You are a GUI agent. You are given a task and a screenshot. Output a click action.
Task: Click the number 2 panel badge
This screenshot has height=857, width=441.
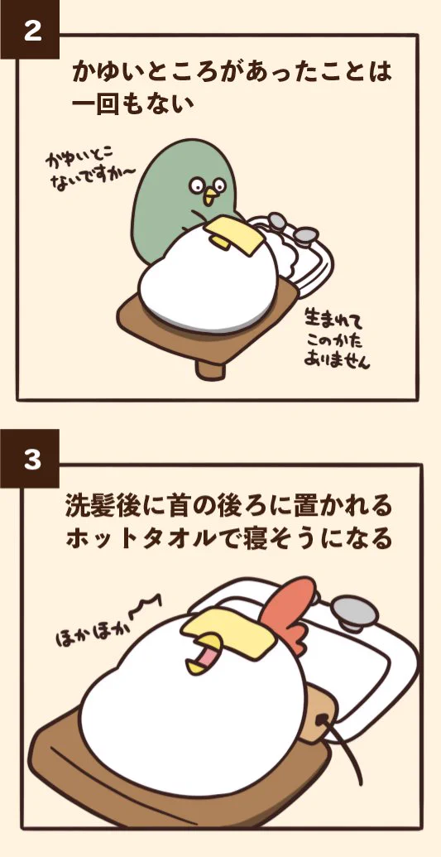coord(31,31)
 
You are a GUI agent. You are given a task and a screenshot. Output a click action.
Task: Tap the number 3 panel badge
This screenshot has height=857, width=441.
coord(31,460)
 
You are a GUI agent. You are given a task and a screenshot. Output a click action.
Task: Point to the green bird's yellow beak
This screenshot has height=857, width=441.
coord(210,198)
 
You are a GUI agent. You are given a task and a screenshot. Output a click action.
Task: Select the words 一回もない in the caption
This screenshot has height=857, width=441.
coord(133,105)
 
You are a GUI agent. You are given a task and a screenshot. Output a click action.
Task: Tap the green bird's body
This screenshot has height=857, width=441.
coord(170,199)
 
